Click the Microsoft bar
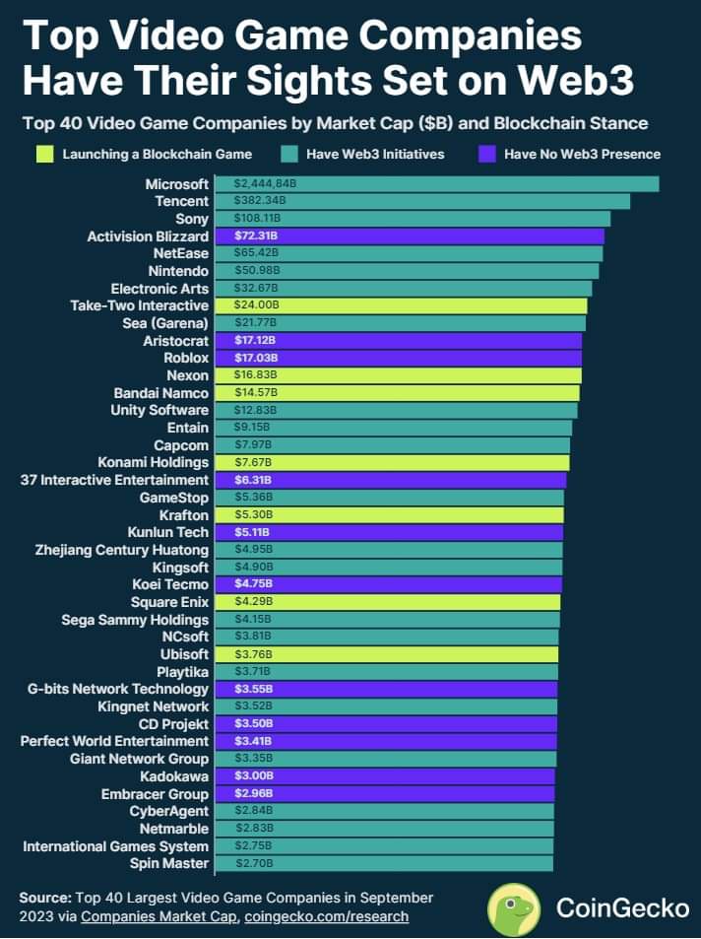437,184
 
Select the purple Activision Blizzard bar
410,235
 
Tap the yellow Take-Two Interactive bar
401,305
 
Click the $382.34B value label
260,201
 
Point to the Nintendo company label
178,271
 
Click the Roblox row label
186,358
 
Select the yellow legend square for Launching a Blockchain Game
45,154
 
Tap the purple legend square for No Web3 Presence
487,154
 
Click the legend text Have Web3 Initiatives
375,155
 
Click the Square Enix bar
388,602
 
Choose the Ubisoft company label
184,654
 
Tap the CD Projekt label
173,724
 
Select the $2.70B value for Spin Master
254,863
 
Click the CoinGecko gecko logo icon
514,909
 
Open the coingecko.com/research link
326,916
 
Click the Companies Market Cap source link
159,916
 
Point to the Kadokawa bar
385,776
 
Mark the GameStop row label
174,498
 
